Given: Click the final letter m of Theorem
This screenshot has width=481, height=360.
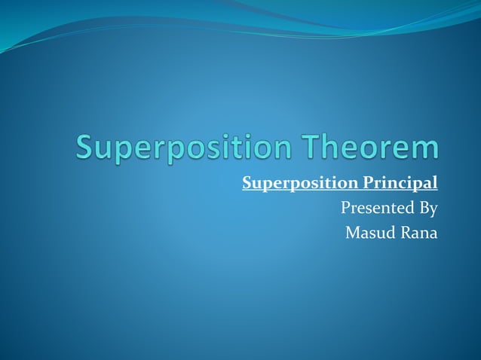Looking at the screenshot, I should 425,148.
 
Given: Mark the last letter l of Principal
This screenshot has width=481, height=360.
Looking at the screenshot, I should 435,183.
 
